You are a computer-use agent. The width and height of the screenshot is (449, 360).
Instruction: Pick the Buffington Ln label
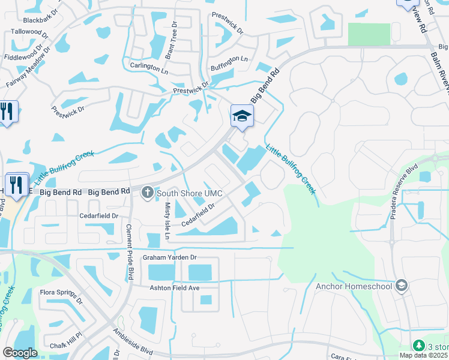pos(230,59)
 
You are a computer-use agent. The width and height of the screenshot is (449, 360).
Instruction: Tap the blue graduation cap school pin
pos(242,116)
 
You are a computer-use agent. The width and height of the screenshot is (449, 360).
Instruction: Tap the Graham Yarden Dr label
pos(169,257)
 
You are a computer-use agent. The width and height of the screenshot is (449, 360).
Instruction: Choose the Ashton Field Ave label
pos(174,287)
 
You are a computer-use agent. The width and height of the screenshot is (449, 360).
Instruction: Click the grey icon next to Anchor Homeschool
pos(401,286)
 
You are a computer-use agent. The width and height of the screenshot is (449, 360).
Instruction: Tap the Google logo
pos(20,353)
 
